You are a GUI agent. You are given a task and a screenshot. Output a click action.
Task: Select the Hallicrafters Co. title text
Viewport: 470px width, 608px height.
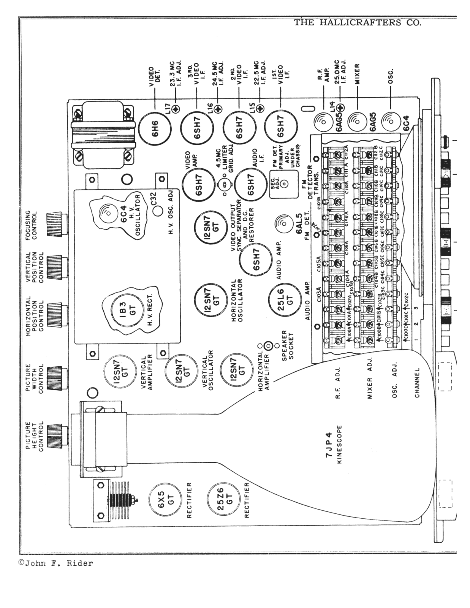(x=357, y=22)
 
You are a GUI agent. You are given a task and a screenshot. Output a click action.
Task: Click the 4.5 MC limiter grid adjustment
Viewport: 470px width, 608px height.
(x=224, y=185)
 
